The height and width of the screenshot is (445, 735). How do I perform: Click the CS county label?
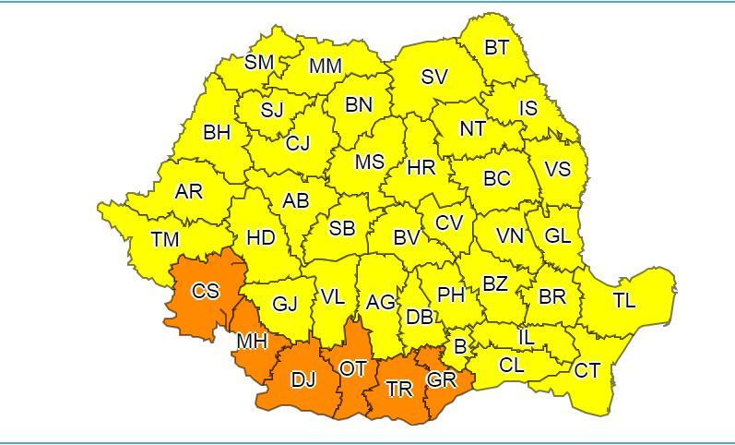pyautogui.click(x=206, y=291)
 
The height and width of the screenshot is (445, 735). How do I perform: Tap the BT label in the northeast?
pyautogui.click(x=497, y=48)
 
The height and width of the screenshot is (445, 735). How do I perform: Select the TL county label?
pyautogui.click(x=624, y=300)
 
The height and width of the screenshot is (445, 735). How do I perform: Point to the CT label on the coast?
pyautogui.click(x=587, y=371)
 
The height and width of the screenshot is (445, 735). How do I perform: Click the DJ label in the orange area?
pyautogui.click(x=302, y=380)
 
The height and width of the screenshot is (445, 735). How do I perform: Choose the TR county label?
pyautogui.click(x=399, y=390)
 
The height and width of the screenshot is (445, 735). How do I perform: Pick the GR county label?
pyautogui.click(x=441, y=379)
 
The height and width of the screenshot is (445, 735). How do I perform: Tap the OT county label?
pyautogui.click(x=353, y=368)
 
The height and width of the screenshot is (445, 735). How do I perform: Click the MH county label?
pyautogui.click(x=252, y=342)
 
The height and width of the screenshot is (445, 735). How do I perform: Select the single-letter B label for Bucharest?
pyautogui.click(x=459, y=347)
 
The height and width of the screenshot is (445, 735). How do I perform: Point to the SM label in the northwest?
pyautogui.click(x=259, y=63)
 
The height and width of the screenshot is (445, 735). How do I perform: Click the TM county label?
pyautogui.click(x=165, y=240)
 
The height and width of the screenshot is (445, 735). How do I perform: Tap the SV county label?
pyautogui.click(x=434, y=78)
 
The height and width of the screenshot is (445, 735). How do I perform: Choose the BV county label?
pyautogui.click(x=407, y=238)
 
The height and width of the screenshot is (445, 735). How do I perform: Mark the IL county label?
pyautogui.click(x=526, y=339)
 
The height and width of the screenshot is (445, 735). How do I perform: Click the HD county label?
pyautogui.click(x=261, y=238)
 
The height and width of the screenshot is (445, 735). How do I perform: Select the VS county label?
pyautogui.click(x=558, y=170)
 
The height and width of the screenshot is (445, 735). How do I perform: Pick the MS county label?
pyautogui.click(x=370, y=162)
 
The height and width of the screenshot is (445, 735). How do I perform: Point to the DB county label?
pyautogui.click(x=420, y=318)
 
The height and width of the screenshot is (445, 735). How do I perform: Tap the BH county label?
pyautogui.click(x=217, y=133)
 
